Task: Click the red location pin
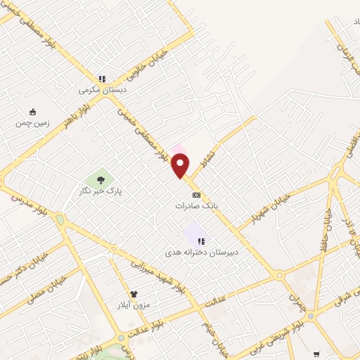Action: (x=181, y=166)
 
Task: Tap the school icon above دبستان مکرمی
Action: (x=102, y=79)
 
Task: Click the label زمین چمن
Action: (x=33, y=123)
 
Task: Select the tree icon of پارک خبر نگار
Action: (x=101, y=180)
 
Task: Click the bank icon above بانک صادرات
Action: (x=196, y=195)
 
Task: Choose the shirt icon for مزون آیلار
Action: (x=133, y=293)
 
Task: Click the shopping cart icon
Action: (x=316, y=354)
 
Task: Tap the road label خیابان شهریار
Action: (x=271, y=205)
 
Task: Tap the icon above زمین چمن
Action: (x=32, y=111)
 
